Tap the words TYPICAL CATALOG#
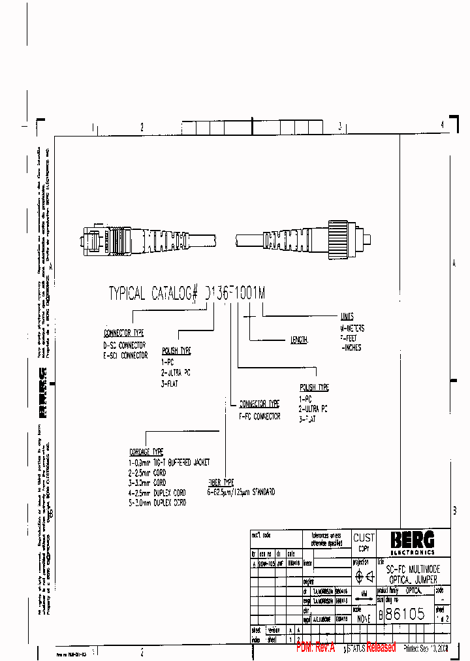tap(153, 294)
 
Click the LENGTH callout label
tap(299, 340)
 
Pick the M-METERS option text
tap(352, 329)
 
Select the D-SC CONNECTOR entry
tap(125, 345)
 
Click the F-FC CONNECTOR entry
tap(259, 416)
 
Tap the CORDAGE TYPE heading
tap(146, 451)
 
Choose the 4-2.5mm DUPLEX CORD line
tap(157, 492)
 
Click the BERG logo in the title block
tap(412, 541)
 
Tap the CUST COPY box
tap(364, 542)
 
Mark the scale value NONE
tap(363, 617)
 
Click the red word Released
tap(381, 647)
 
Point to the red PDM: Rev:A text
tap(315, 647)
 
